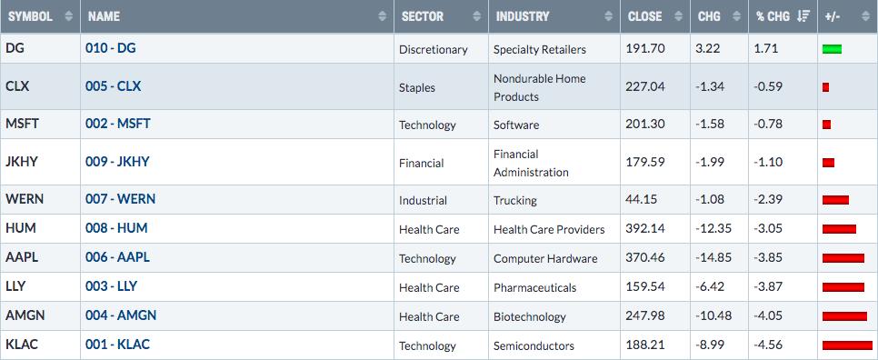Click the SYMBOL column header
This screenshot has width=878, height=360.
[x=30, y=16]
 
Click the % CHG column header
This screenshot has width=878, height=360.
[x=773, y=16]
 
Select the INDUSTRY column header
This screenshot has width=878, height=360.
[x=523, y=16]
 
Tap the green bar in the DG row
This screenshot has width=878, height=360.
[x=832, y=49]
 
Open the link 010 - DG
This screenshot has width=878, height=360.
[x=110, y=48]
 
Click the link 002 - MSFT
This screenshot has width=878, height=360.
[x=117, y=123]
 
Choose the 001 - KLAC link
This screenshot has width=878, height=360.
[x=117, y=345]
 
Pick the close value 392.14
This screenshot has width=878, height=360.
[x=645, y=229]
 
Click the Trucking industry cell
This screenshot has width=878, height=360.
[x=515, y=200]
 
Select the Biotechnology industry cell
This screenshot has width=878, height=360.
[x=530, y=316]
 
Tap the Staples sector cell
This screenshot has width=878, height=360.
[x=417, y=87]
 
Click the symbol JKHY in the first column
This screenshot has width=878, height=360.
[x=22, y=162]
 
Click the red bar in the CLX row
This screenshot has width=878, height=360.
[x=825, y=87]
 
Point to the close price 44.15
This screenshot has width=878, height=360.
[x=642, y=199]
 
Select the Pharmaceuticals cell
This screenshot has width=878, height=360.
[x=534, y=288]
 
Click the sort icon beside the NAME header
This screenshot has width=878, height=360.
[x=383, y=16]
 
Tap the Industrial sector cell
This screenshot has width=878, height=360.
[x=423, y=200]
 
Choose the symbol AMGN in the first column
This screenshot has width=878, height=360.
[x=25, y=315]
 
